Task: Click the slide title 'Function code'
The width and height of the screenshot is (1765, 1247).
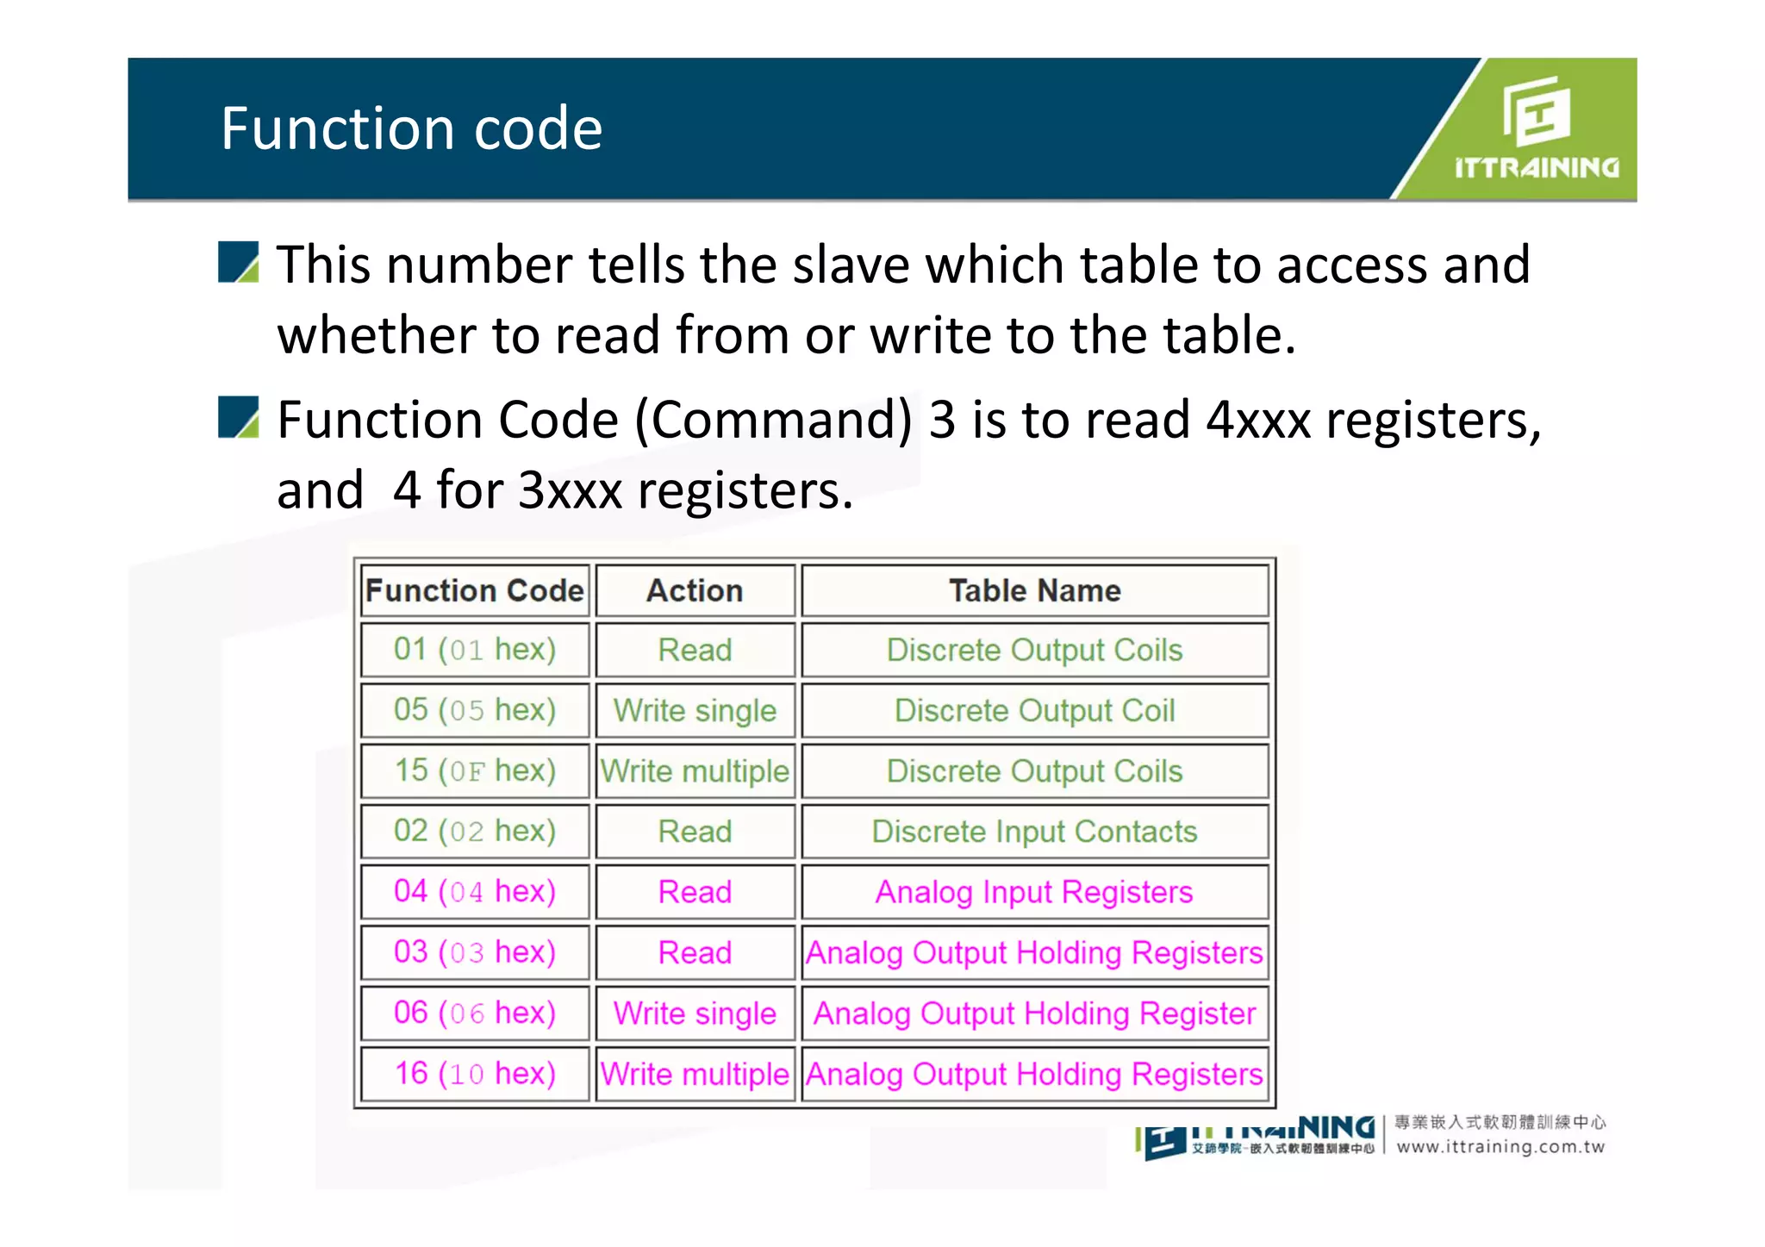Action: pyautogui.click(x=411, y=128)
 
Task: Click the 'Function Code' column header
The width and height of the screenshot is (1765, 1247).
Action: pyautogui.click(x=475, y=590)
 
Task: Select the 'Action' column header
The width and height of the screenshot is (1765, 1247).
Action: pyautogui.click(x=695, y=590)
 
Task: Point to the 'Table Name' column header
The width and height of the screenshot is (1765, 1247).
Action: pyautogui.click(x=1034, y=590)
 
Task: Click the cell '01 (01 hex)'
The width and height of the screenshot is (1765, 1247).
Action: pyautogui.click(x=475, y=650)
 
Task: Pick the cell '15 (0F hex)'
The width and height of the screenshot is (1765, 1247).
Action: pyautogui.click(x=475, y=770)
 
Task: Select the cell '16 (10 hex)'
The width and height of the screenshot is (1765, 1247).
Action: pyautogui.click(x=475, y=1074)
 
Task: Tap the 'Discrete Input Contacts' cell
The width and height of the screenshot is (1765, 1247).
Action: pyautogui.click(x=1034, y=832)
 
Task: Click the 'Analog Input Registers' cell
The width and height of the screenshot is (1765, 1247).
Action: pyautogui.click(x=1034, y=892)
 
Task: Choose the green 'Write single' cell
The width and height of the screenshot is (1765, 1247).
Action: pyautogui.click(x=695, y=711)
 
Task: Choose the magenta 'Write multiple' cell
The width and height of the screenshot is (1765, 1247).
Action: pyautogui.click(x=695, y=1074)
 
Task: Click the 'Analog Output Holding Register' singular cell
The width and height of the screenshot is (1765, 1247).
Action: pyautogui.click(x=1034, y=1013)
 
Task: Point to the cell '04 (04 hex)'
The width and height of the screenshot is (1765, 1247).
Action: pyautogui.click(x=475, y=892)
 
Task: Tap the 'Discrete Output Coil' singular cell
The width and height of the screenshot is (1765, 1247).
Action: pyautogui.click(x=1034, y=711)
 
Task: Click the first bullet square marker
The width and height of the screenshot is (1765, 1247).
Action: pyautogui.click(x=238, y=263)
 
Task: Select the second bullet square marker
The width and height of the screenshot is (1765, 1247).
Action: pyautogui.click(x=238, y=418)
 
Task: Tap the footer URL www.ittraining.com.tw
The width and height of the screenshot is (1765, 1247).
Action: pyautogui.click(x=1500, y=1147)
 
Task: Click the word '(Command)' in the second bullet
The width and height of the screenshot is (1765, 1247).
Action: pyautogui.click(x=773, y=421)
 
